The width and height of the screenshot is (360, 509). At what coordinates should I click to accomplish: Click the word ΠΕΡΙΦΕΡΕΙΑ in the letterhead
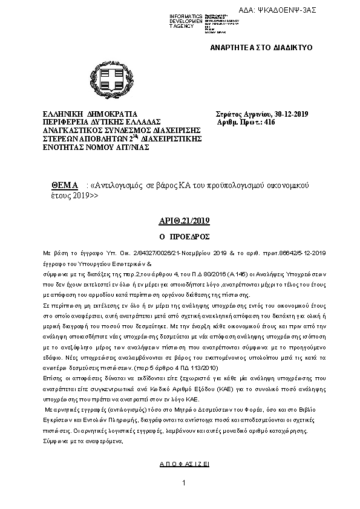coord(67,122)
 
